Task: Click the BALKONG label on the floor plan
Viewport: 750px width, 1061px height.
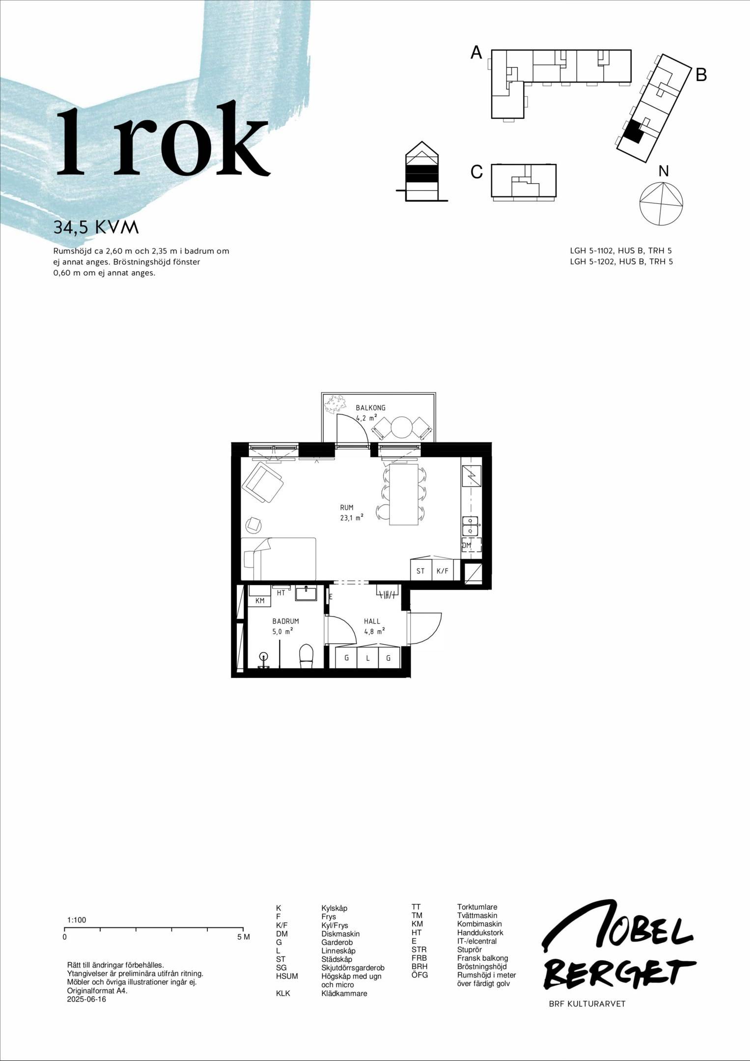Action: [x=370, y=408]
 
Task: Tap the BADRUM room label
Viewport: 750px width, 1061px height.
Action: [x=285, y=621]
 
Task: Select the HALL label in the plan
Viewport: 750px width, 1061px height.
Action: [x=372, y=621]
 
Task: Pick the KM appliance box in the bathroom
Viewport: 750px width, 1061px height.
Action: [x=260, y=601]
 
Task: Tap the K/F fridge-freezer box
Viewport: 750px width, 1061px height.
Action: [x=443, y=571]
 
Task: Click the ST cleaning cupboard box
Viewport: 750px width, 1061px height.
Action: [x=421, y=571]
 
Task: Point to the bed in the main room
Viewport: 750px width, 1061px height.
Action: [x=278, y=559]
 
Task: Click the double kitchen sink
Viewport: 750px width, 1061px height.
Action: [x=471, y=526]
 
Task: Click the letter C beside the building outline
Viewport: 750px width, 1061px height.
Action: [x=476, y=172]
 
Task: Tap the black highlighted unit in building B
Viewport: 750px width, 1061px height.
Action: [x=634, y=132]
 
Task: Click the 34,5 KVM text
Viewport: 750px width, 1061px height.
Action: [x=96, y=227]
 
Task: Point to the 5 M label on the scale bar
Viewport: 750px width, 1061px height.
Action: [x=244, y=937]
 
